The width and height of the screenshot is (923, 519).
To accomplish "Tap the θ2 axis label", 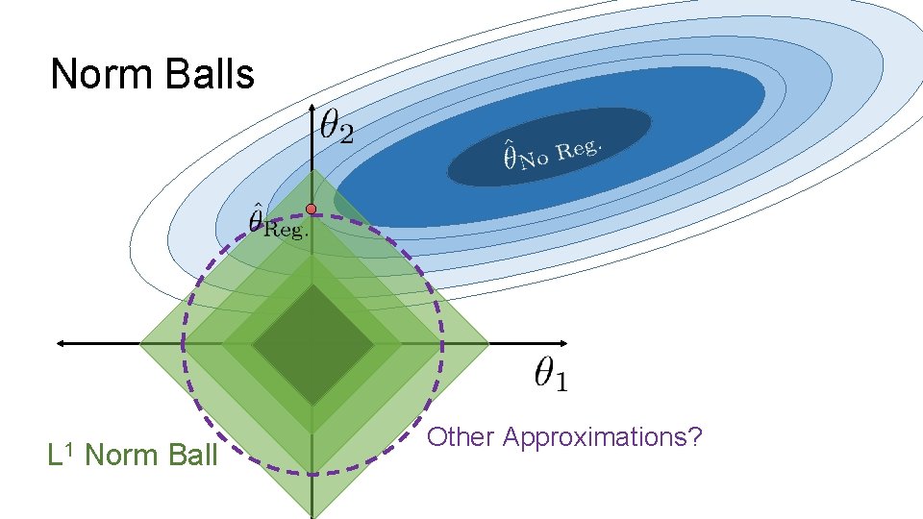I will click(x=337, y=127).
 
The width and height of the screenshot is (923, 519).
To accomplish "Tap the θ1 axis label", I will click(x=551, y=374).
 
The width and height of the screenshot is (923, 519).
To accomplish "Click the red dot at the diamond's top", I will click(x=312, y=209).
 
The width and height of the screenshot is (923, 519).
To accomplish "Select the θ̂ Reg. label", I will click(x=277, y=222).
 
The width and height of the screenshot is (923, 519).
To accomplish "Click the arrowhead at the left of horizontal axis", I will click(x=62, y=342).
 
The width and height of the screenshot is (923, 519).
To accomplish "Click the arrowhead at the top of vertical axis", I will click(x=312, y=111).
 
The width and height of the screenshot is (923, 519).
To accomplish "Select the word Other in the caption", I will click(x=461, y=437).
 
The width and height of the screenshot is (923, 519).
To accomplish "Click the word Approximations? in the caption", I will click(x=603, y=438).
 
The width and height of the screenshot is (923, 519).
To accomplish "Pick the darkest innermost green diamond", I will click(x=312, y=344).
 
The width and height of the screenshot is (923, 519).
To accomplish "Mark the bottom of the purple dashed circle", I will click(x=312, y=472).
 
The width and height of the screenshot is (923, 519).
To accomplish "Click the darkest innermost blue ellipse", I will click(x=549, y=146).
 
